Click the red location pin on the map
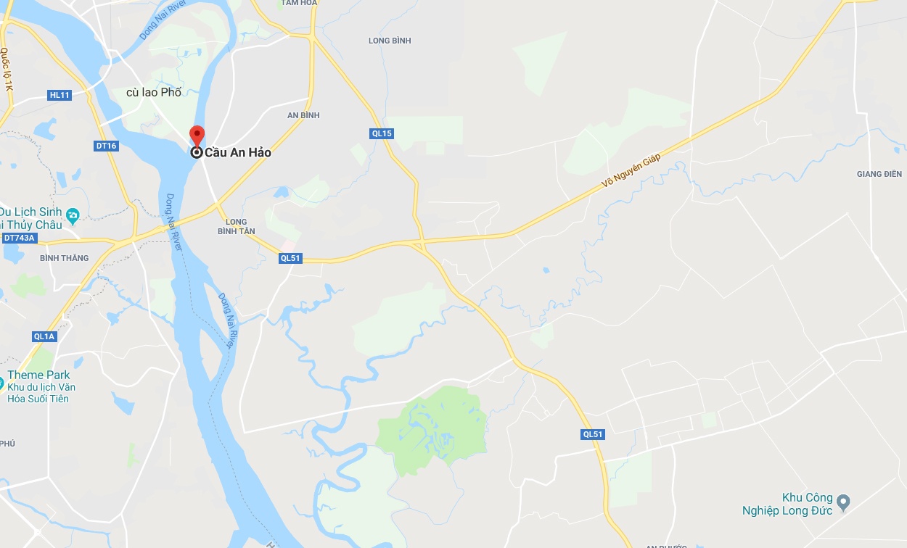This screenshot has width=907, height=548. click(197, 136)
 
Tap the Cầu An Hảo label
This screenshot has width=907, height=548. click(237, 153)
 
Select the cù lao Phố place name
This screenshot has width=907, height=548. click(154, 92)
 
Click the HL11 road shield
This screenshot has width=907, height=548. click(59, 95)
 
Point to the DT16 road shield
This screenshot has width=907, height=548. click(106, 146)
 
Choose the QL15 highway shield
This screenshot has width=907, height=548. click(382, 133)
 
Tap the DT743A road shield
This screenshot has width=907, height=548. click(19, 238)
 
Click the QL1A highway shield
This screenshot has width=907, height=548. click(44, 336)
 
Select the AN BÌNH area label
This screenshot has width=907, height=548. click(303, 115)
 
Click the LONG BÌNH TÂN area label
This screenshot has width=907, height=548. click(237, 226)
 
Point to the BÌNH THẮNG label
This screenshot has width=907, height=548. click(65, 258)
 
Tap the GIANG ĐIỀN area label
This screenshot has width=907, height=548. click(879, 174)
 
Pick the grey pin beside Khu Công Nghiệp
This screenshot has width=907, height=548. click(843, 501)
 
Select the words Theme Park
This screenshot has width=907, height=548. click(38, 375)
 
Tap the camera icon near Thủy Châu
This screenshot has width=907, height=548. click(73, 215)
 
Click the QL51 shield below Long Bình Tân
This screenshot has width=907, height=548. click(290, 258)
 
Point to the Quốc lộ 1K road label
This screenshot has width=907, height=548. click(7, 70)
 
